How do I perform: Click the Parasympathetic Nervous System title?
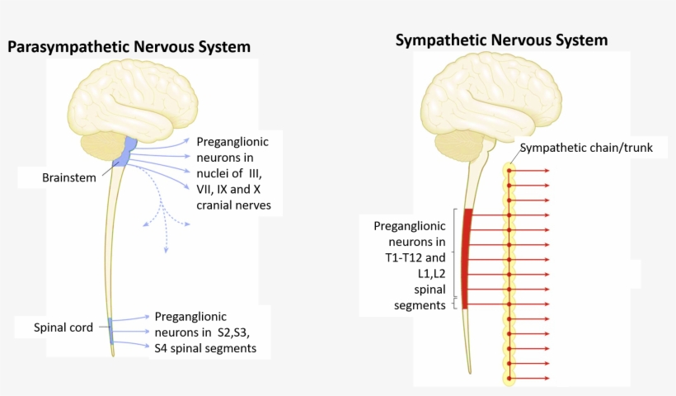129,47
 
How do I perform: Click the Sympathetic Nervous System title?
501,40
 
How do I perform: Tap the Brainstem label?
69,177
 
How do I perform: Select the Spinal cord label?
63,327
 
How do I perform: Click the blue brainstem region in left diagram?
127,152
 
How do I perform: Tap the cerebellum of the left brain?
104,148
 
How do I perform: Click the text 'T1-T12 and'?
409,258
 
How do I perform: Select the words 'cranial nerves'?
233,205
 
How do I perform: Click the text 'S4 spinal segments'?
204,348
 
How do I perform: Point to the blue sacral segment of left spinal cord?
111,330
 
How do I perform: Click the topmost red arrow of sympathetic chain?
532,171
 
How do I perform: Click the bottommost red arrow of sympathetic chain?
532,378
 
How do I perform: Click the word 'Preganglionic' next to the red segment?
409,226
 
